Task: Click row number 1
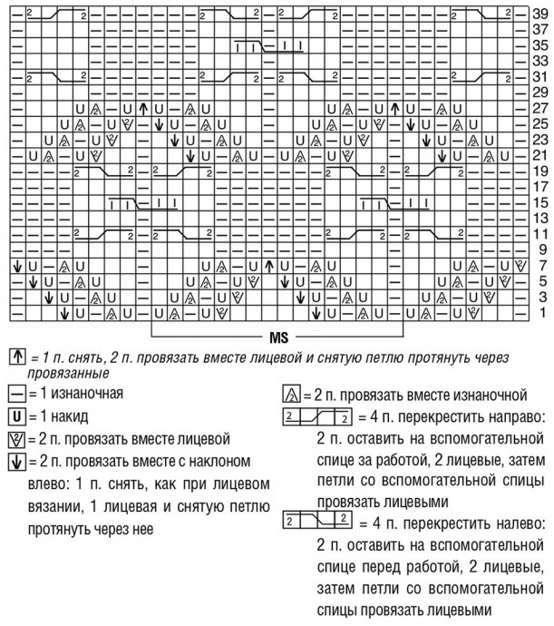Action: coord(540,312)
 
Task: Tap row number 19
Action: coord(540,170)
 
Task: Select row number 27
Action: coord(540,107)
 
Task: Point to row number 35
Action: coord(540,44)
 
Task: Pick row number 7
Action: coord(540,265)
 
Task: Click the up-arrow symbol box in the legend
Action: coord(13,357)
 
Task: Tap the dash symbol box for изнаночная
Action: coord(13,394)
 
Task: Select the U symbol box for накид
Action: coord(13,416)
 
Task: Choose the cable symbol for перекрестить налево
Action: coord(316,523)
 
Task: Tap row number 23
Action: coord(540,139)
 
